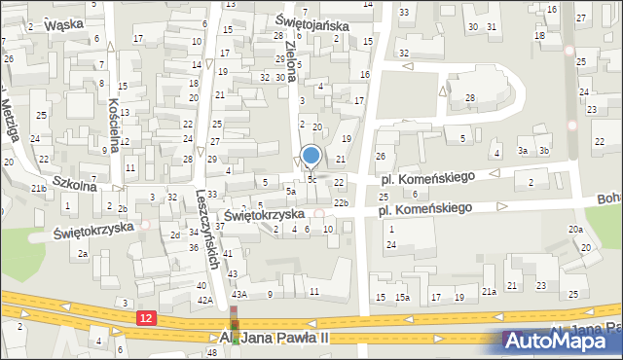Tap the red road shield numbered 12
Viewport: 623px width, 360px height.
(146, 318)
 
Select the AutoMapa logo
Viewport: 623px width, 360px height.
(561, 341)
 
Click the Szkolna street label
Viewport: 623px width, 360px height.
(75, 182)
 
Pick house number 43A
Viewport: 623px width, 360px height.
(239, 293)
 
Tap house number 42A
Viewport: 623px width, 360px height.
(204, 301)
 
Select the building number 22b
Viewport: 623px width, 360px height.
(341, 202)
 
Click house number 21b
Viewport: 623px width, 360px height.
(38, 188)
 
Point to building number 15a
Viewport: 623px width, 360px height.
(402, 297)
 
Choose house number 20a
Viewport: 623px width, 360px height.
(576, 229)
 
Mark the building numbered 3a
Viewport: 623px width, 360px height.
(523, 150)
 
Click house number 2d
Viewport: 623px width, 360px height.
(175, 234)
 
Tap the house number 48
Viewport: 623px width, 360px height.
(212, 352)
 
